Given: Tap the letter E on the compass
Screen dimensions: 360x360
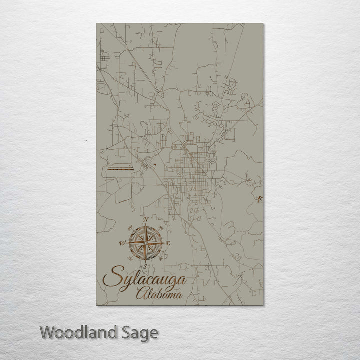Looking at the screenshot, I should coord(169,243).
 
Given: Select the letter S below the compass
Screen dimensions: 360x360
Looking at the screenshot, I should coord(145,267).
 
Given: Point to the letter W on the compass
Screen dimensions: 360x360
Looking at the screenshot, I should coord(121,243).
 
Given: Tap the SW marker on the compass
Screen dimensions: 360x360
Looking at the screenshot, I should coord(129,259).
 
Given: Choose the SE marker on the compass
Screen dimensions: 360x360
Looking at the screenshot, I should coord(161,259).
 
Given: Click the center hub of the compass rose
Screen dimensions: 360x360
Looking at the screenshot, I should coord(145,243).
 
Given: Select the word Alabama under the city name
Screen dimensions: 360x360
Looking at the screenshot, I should coord(159,294).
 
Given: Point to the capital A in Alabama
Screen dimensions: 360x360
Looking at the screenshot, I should coord(140,293).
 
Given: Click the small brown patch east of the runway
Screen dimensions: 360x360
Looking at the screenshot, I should coord(154,164).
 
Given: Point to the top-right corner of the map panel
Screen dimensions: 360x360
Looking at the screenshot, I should coord(263,23).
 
